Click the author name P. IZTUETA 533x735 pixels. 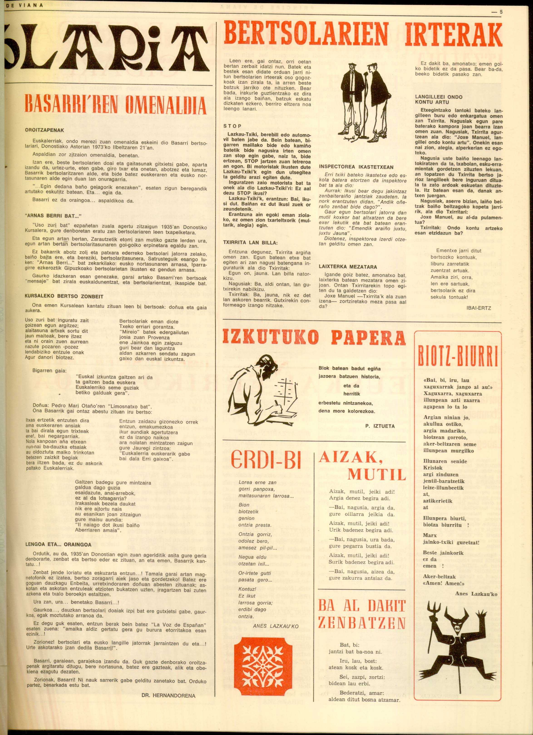(380, 426)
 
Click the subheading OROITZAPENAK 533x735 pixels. (44, 130)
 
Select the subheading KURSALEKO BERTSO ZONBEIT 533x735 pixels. (64, 296)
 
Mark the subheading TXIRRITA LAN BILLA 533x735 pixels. (250, 243)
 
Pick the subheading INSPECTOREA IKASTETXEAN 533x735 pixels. (356, 167)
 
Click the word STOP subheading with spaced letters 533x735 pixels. (232, 126)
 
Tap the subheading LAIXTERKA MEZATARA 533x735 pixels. (348, 267)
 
